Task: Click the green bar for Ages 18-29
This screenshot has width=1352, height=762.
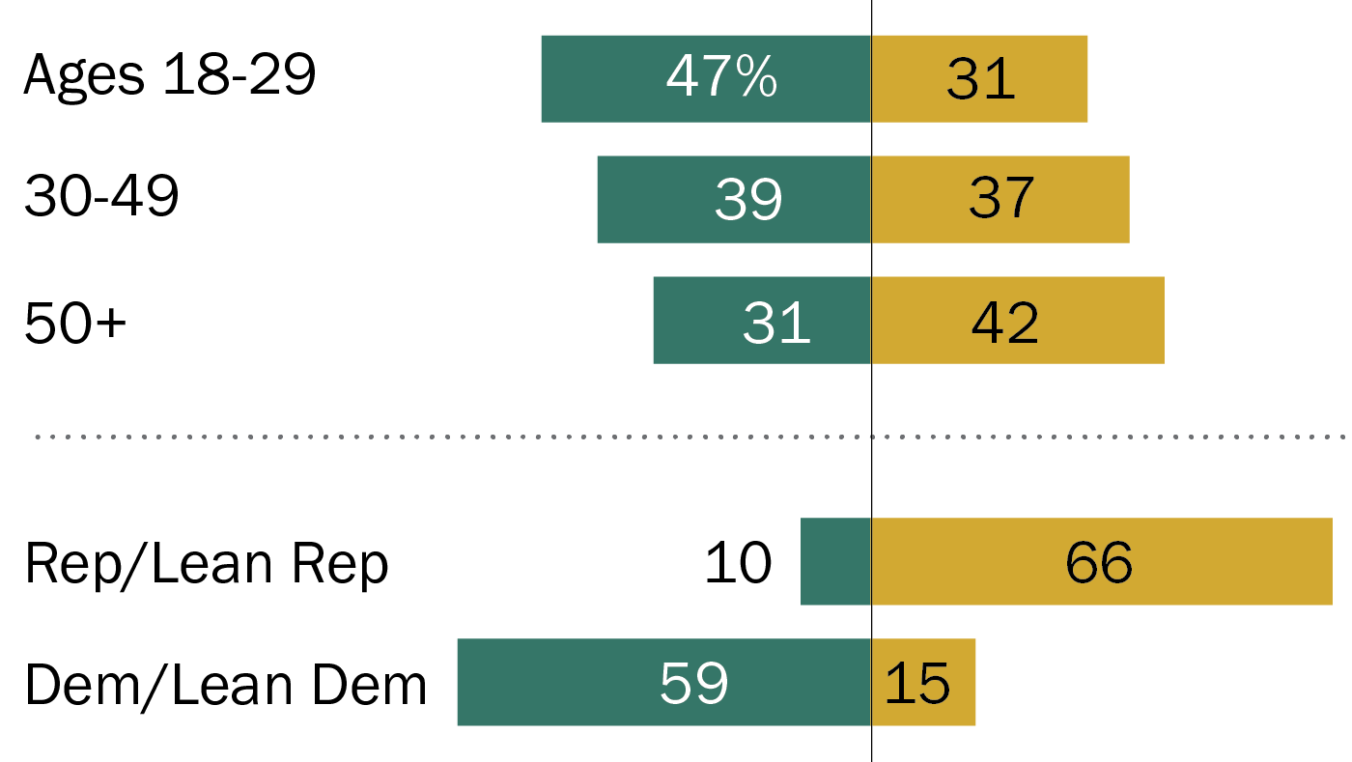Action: point(599,79)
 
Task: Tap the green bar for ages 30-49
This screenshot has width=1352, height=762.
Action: point(657,199)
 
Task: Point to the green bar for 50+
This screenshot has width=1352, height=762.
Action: point(695,321)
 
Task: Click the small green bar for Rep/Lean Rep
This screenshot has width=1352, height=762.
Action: point(835,561)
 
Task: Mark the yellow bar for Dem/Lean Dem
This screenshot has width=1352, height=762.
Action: point(956,682)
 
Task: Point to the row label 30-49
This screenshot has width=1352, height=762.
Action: point(101,198)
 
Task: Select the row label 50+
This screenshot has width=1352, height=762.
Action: point(75,321)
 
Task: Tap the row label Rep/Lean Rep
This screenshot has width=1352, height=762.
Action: point(207,563)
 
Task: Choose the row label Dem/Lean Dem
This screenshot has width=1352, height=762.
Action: point(225,684)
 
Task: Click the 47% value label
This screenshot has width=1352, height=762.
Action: point(721,77)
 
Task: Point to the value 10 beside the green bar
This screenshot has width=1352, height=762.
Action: point(738,562)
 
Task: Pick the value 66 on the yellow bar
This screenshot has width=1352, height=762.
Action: point(1099,562)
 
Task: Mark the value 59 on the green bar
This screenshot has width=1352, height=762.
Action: point(693,683)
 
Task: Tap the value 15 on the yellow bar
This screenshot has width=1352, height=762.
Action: point(917,683)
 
